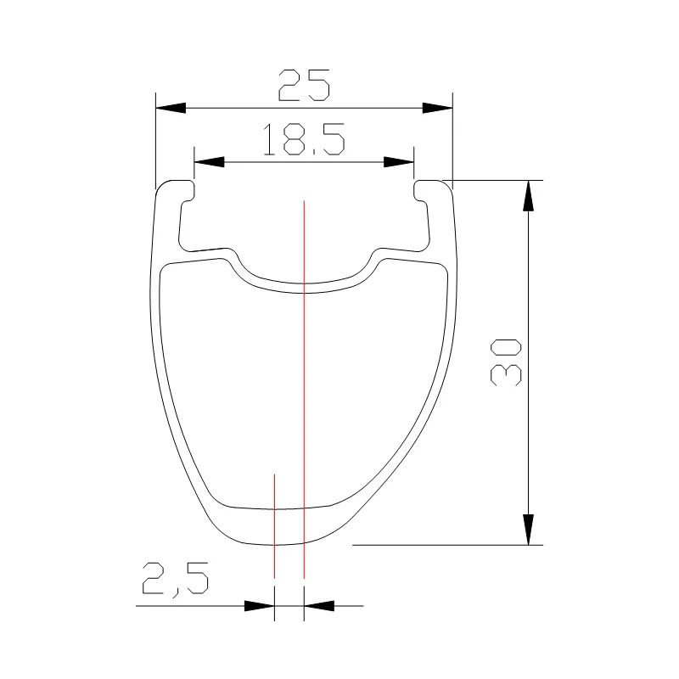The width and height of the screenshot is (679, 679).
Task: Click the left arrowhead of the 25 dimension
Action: (x=170, y=108)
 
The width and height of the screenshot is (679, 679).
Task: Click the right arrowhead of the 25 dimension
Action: (x=437, y=108)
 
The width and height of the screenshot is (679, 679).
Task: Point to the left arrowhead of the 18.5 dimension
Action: (x=209, y=161)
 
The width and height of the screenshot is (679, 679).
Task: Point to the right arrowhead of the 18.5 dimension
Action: (x=399, y=161)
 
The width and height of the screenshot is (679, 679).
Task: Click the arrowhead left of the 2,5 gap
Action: (x=260, y=606)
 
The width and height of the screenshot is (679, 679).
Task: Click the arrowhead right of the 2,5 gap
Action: (x=318, y=606)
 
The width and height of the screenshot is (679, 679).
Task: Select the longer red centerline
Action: (x=303, y=382)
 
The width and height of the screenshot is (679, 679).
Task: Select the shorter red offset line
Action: (x=274, y=526)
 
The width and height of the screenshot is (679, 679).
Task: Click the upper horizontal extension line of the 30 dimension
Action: (x=497, y=180)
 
